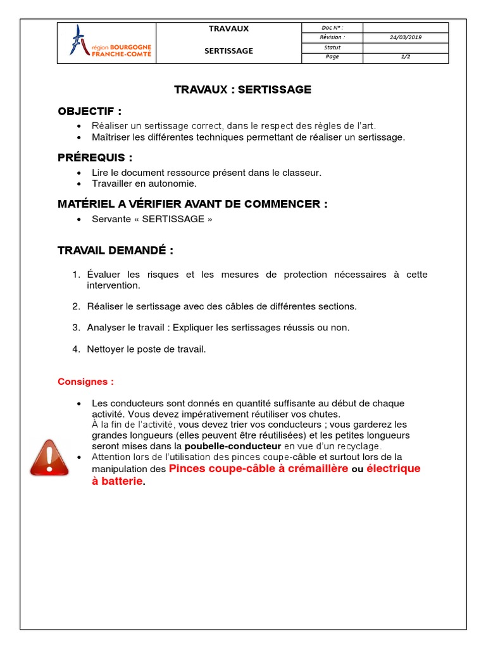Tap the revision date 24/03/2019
click(x=406, y=37)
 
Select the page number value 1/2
click(x=406, y=57)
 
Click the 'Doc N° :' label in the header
click(x=332, y=27)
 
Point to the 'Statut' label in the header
click(x=332, y=47)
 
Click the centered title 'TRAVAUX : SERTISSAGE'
click(x=242, y=90)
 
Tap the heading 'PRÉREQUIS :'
click(x=95, y=158)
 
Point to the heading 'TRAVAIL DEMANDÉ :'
click(x=115, y=251)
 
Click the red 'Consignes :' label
click(x=86, y=382)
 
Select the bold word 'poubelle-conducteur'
click(x=232, y=446)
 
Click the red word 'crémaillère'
click(x=313, y=469)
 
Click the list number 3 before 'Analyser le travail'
click(x=75, y=328)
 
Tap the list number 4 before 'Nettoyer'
click(x=75, y=349)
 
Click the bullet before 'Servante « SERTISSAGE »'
click(x=78, y=220)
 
